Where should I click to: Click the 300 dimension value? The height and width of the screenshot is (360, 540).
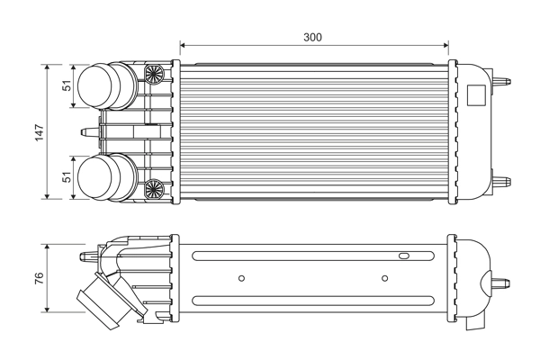click(312, 37)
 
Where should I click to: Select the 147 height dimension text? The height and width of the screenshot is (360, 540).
click(37, 132)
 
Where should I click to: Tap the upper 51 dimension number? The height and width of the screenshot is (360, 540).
click(66, 86)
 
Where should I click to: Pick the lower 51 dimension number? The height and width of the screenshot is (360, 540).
click(66, 177)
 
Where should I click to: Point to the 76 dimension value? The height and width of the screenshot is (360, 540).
click(37, 279)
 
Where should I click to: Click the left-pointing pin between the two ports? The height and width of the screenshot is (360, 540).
click(89, 132)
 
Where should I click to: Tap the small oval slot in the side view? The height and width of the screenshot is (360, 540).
click(404, 257)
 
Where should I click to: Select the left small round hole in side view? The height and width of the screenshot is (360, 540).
click(241, 278)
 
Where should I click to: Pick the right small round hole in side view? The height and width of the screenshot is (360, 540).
click(384, 278)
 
